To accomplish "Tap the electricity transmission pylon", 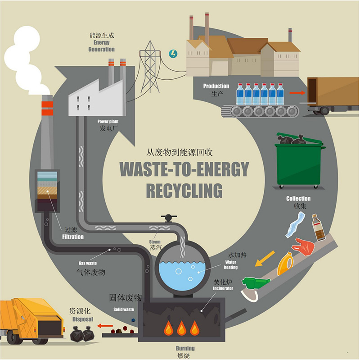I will pos(149,65).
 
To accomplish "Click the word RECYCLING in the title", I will pos(184,190).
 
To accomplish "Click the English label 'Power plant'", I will pos(108,122).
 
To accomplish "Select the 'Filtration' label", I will pos(72,237).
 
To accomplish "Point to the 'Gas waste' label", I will pos(88,263).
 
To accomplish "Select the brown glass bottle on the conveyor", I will pos(318,228).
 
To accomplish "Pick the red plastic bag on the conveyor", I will pos(303,246).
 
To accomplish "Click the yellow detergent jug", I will pos(285,263).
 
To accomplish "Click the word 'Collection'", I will pos(298,199).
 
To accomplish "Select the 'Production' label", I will pos(216,86).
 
